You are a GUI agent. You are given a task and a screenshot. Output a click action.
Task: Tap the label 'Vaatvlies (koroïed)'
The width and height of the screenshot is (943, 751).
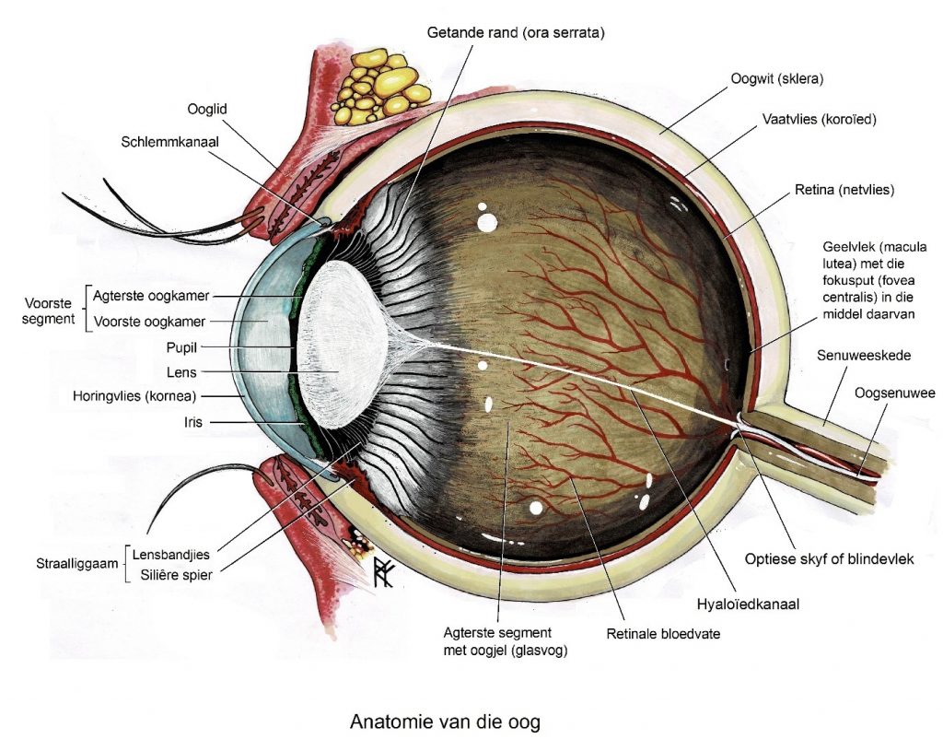819,120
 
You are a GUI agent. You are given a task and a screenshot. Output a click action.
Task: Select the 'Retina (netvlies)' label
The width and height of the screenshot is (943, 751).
844,191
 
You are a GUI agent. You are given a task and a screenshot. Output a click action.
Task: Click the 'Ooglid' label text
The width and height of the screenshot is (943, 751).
207,109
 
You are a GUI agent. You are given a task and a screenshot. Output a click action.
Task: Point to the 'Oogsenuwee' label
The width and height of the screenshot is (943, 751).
894,393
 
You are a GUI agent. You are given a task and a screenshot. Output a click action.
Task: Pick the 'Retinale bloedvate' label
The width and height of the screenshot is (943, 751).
663,634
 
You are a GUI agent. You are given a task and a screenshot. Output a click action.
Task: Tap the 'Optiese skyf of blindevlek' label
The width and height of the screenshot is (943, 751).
829,559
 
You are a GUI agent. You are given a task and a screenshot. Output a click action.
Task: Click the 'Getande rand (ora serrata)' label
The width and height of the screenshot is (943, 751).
516,32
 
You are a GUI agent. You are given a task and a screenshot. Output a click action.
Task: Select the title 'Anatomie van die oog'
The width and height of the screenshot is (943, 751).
445,722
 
